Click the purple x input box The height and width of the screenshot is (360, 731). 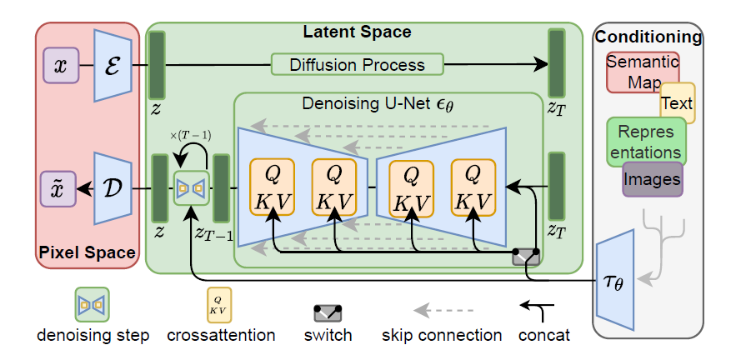pos(61,66)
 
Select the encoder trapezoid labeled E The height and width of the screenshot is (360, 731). pos(113,65)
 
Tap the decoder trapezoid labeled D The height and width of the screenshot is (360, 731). pos(113,188)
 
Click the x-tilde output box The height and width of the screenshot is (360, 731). pos(58,189)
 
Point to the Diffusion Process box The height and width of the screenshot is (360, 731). pos(357,64)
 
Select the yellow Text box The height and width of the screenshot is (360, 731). pos(678,103)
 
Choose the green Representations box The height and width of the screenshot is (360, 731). pos(646,142)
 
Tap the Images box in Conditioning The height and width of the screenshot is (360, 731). pos(653,179)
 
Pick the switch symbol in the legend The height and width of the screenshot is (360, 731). pos(328,312)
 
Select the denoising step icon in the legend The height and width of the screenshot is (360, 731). pos(93,304)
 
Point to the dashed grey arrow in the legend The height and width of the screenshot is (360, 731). pos(443,310)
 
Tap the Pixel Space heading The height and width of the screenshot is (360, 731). pos(87,252)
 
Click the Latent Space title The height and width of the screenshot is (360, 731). pos(357,32)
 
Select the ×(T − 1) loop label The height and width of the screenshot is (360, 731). pos(191,136)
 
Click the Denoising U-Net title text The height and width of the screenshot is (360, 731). pos(378,104)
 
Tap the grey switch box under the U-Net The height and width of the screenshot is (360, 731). pos(526,257)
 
